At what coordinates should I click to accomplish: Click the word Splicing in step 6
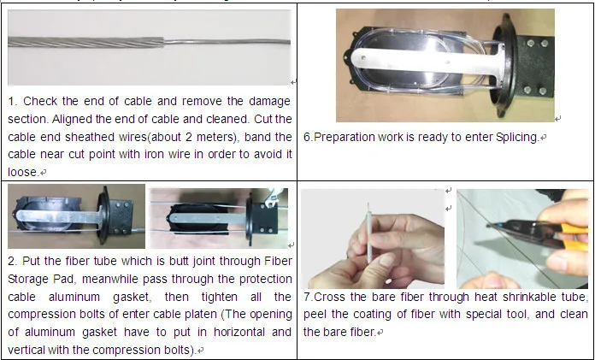[513, 137]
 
